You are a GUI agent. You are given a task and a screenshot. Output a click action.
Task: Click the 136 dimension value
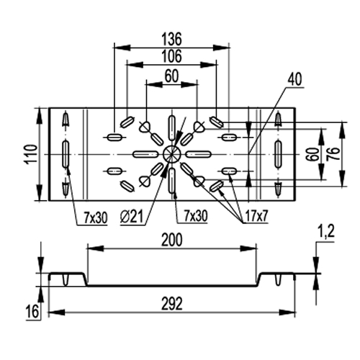point(172,40)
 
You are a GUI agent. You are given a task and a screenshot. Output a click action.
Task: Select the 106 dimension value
point(172,56)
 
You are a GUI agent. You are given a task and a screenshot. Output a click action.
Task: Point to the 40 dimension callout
point(295,79)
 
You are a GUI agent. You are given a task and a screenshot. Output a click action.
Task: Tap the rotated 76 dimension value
point(336,154)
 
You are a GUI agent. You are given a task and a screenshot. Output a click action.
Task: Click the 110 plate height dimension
point(31,154)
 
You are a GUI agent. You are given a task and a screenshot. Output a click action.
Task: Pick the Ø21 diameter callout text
point(132,217)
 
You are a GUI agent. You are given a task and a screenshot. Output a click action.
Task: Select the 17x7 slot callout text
point(256,216)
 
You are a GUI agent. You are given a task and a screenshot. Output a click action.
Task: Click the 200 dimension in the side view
point(172,240)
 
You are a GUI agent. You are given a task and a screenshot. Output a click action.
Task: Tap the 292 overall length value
point(172,303)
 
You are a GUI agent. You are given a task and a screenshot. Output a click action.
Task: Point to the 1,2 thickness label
point(327,232)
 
